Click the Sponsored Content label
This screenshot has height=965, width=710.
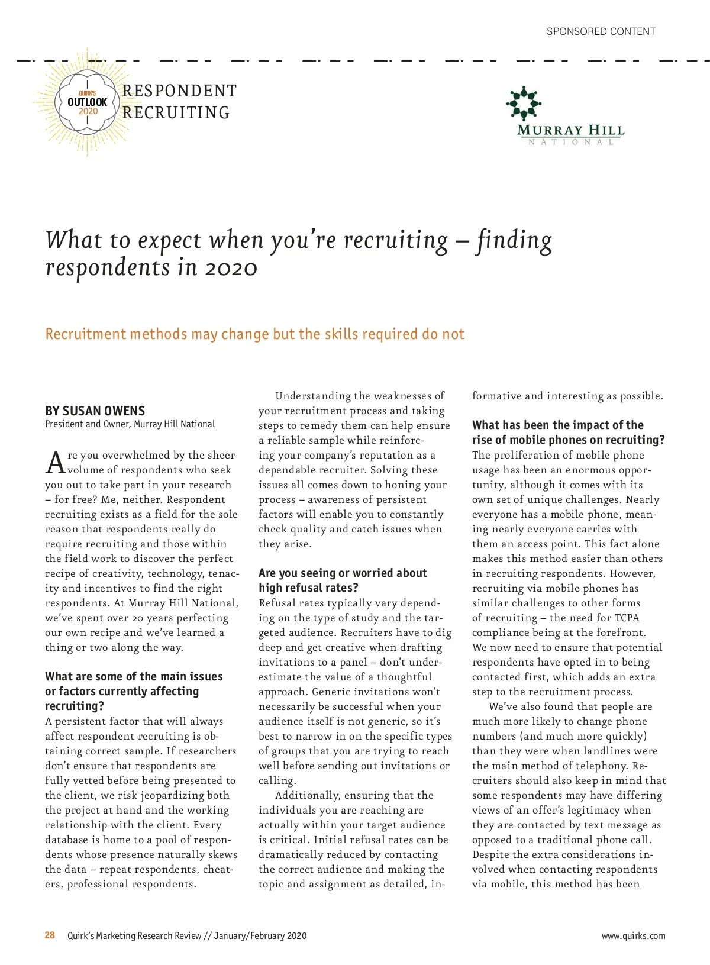[601, 31]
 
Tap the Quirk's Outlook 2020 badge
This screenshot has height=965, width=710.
[88, 102]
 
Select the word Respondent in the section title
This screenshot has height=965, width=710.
[179, 91]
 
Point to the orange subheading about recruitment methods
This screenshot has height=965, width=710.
[254, 334]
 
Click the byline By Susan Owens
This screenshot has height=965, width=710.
[95, 411]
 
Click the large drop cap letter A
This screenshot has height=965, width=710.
[55, 463]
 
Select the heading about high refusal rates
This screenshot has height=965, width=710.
[342, 580]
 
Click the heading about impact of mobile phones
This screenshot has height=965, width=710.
[568, 432]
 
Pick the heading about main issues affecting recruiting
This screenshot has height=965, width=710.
[134, 691]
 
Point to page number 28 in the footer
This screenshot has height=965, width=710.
[50, 935]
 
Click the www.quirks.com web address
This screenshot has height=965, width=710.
[633, 935]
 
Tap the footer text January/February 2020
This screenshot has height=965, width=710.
[260, 935]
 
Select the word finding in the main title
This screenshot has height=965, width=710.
[514, 241]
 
